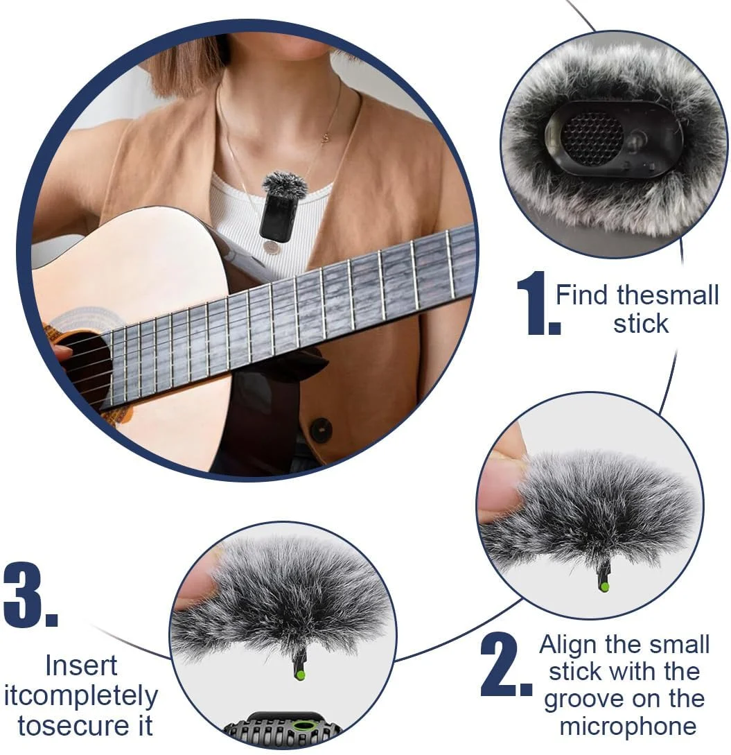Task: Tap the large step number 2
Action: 505,664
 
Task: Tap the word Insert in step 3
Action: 81,666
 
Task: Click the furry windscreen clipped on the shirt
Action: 284,184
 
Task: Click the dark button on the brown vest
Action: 320,430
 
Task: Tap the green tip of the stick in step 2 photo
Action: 604,587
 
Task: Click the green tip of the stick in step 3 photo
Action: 300,675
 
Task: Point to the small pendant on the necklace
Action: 326,138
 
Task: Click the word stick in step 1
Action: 640,323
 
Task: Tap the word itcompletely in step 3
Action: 81,697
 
